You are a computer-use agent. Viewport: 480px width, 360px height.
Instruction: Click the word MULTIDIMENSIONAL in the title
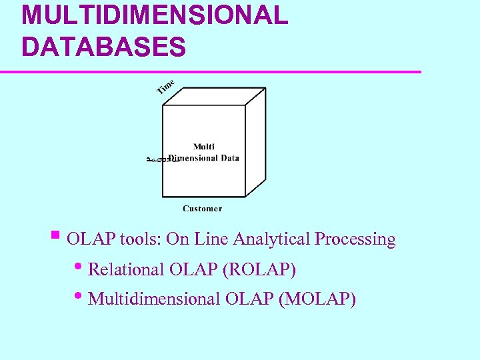point(155,15)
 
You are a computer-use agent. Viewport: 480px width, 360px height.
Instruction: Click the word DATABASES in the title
point(103,47)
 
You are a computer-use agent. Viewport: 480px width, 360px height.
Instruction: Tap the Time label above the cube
point(165,87)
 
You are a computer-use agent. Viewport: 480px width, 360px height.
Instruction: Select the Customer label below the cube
point(202,209)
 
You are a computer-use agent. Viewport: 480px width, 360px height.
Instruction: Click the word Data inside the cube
point(228,158)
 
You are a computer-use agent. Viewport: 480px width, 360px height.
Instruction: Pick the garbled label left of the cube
point(156,159)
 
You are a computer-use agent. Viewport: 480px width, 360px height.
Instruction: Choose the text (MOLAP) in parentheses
point(318,299)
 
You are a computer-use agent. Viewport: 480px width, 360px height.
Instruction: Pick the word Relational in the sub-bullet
point(126,270)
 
